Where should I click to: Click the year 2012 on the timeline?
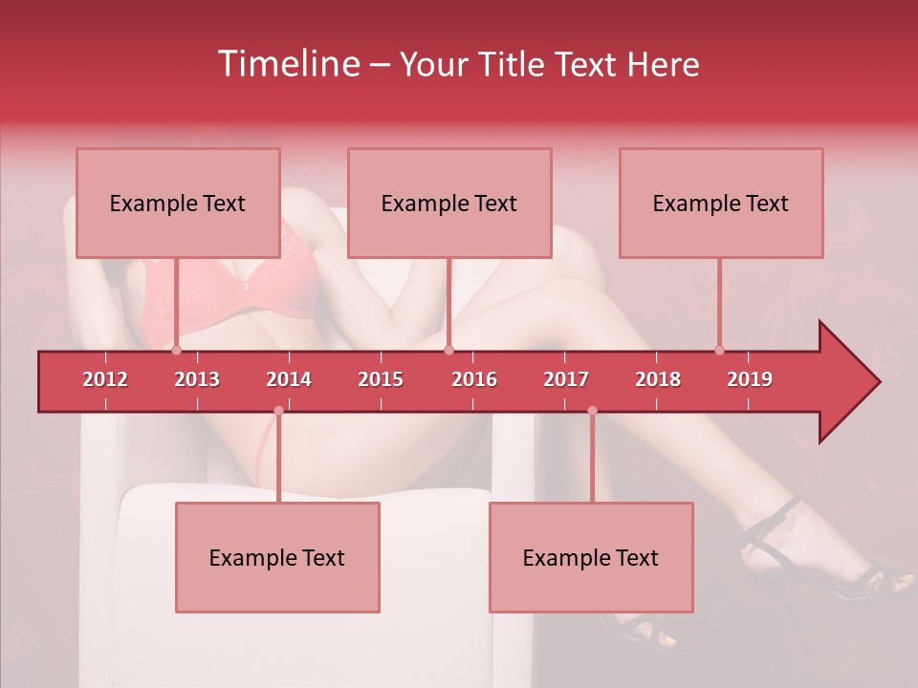pos(105,379)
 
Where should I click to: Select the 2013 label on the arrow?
pos(197,379)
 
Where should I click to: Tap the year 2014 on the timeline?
pos(289,379)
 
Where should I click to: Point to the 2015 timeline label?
pos(381,379)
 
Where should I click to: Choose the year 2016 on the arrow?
pos(474,379)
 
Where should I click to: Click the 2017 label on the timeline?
pos(566,379)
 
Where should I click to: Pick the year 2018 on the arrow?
pos(658,379)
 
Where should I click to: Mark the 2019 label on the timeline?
pos(750,379)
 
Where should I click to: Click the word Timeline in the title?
pos(286,64)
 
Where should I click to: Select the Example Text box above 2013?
pos(178,203)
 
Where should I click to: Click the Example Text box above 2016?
pos(449,203)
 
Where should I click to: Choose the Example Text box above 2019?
pos(721,203)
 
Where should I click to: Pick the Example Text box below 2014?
pos(277,557)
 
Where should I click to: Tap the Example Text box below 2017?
pos(591,557)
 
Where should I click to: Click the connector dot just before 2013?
pos(177,350)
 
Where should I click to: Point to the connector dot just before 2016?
pos(448,350)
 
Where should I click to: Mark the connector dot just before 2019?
pos(719,350)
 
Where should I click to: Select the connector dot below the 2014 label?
pos(278,411)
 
